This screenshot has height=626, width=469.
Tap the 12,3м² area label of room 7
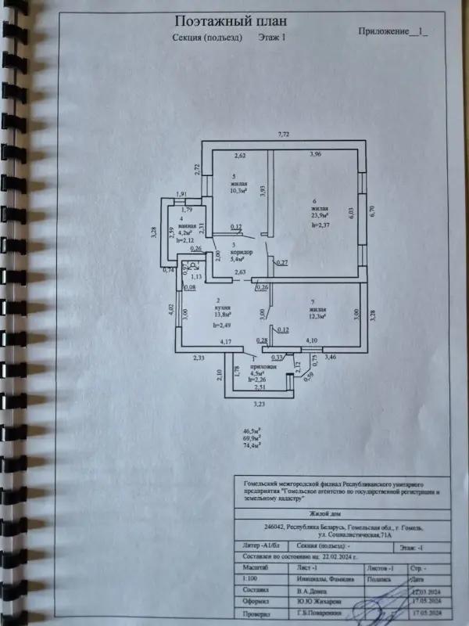point(317,315)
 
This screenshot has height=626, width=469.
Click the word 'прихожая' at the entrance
point(263,365)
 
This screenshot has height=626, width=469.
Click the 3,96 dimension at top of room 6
point(316,154)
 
